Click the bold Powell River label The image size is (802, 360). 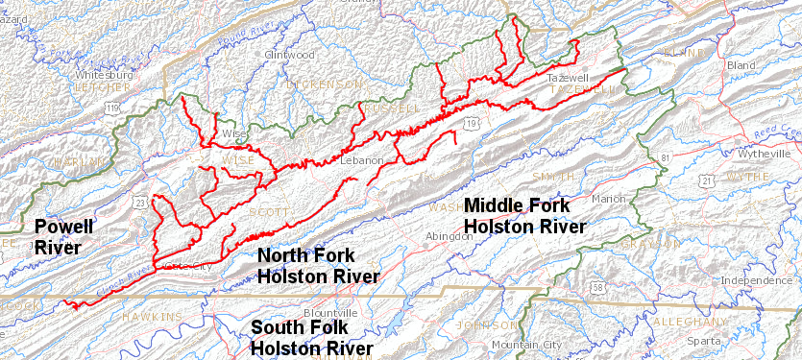pyautogui.click(x=63, y=236)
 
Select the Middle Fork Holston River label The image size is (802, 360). pyautogui.click(x=523, y=216)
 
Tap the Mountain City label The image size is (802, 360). pyautogui.click(x=525, y=345)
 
